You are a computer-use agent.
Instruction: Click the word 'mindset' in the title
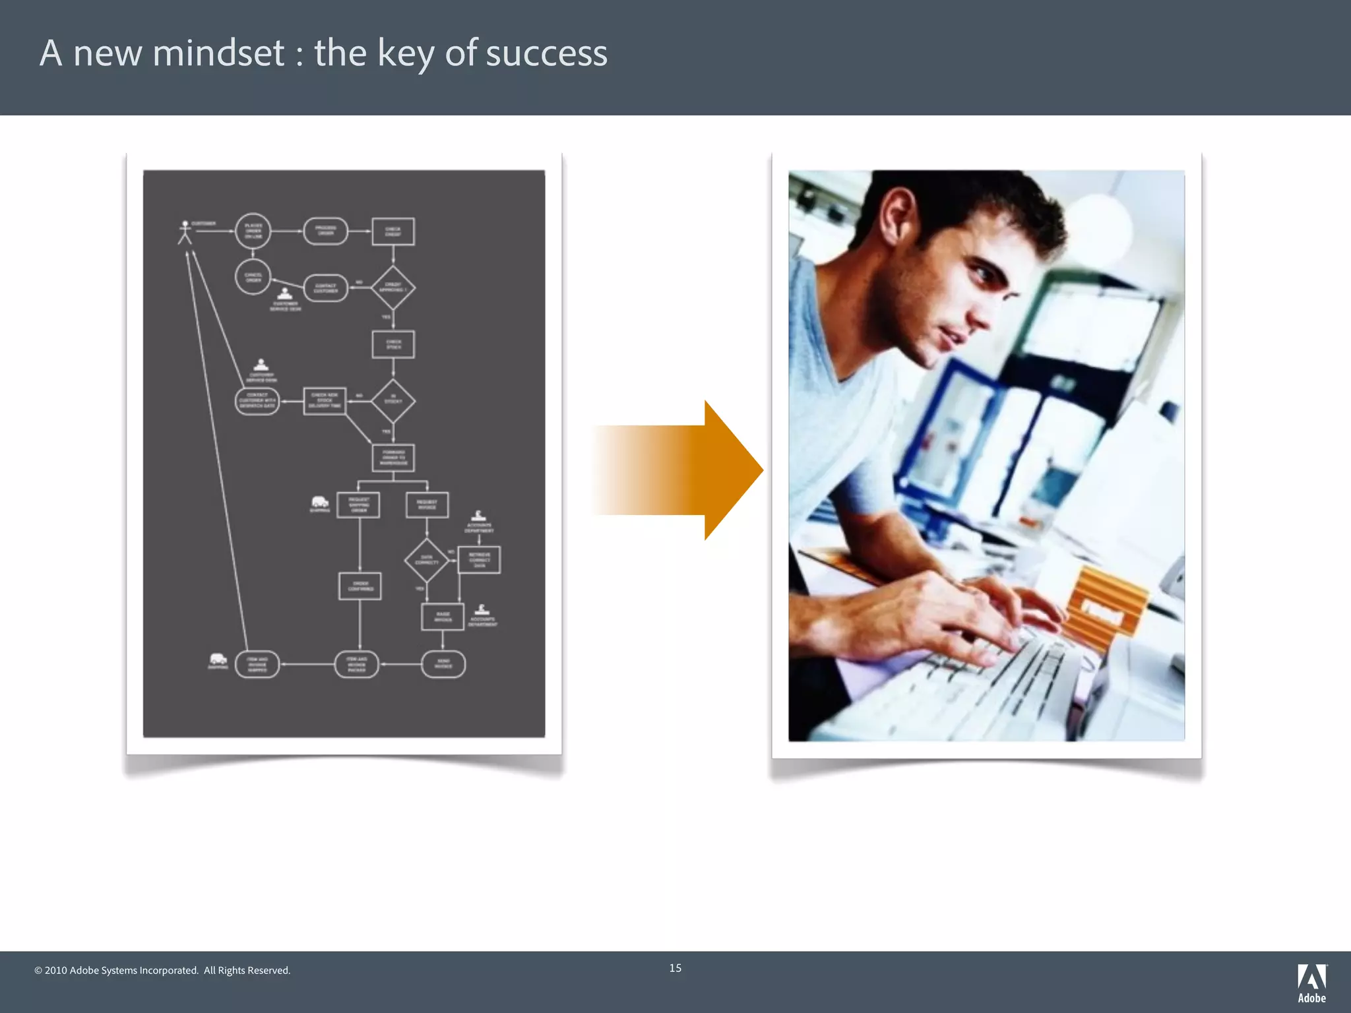pos(218,53)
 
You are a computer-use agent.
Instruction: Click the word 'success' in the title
pos(546,53)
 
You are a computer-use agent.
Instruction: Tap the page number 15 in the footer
pos(675,968)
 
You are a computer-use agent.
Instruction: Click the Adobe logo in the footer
pos(1311,982)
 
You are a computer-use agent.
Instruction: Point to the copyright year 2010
pos(55,970)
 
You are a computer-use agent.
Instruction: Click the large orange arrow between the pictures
pos(679,470)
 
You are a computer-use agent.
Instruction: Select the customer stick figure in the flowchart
pos(185,232)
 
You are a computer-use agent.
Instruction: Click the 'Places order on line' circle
pos(253,231)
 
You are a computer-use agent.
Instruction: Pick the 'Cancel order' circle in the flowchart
pos(253,277)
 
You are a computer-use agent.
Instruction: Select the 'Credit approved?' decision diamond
pos(393,288)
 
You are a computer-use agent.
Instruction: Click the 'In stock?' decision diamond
pos(393,400)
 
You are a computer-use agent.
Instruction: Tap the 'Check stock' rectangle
pos(393,344)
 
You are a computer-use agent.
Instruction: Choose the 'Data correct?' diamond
pos(426,561)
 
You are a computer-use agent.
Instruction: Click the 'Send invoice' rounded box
pos(443,664)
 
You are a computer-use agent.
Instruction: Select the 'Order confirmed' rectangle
pos(360,586)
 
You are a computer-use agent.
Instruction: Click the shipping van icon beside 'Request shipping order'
pos(319,503)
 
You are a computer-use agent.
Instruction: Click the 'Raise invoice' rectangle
pos(443,617)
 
